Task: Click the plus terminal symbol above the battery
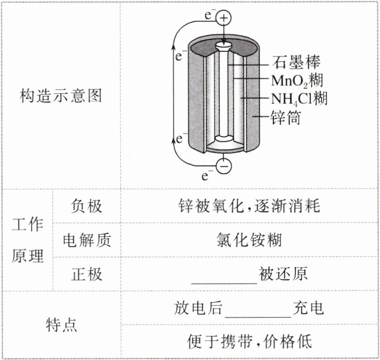click(x=224, y=18)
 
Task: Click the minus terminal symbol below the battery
click(x=224, y=166)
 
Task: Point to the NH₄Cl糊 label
click(x=299, y=99)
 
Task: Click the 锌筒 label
click(x=285, y=117)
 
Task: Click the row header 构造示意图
click(x=61, y=96)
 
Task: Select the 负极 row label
click(x=86, y=206)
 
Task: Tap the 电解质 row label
click(x=86, y=240)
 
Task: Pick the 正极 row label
click(x=86, y=274)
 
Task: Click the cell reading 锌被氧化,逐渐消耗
click(x=249, y=206)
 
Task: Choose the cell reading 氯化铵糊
click(x=249, y=240)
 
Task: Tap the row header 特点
click(x=61, y=325)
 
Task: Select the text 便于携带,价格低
click(x=249, y=342)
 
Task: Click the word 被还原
click(x=283, y=274)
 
